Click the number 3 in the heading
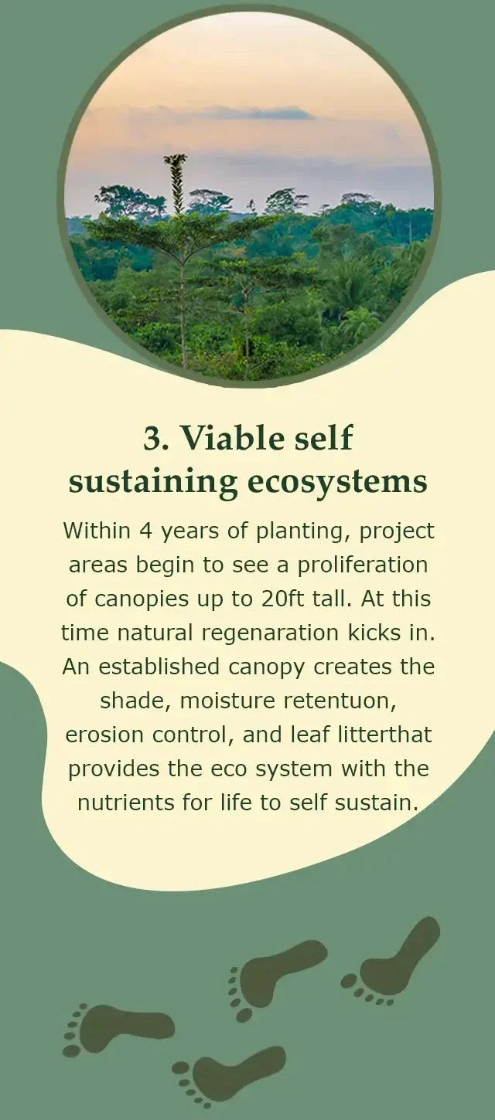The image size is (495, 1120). (151, 439)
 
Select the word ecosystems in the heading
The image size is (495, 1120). (337, 481)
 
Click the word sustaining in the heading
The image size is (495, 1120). (153, 483)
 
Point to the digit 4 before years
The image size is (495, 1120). (145, 531)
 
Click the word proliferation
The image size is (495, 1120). (363, 566)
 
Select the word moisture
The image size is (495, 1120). (227, 701)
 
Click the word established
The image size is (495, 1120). (159, 667)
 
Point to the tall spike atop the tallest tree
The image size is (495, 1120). (176, 182)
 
